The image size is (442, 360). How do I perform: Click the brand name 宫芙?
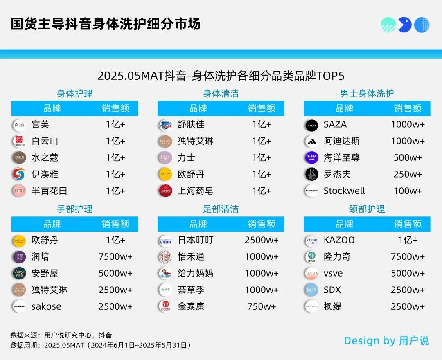pyautogui.click(x=40, y=124)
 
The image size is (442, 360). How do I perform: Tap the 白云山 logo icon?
pyautogui.click(x=19, y=142)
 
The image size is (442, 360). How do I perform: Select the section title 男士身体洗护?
pyautogui.click(x=367, y=93)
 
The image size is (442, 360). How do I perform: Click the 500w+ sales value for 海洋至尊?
pyautogui.click(x=408, y=158)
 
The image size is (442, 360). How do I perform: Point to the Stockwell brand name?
pyautogui.click(x=344, y=191)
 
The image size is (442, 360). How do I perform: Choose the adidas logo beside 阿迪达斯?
pyautogui.click(x=311, y=142)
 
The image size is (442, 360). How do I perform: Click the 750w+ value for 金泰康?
pyautogui.click(x=262, y=306)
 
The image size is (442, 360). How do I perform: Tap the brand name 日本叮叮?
pyautogui.click(x=195, y=240)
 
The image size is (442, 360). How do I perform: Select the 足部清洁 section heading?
pyautogui.click(x=221, y=209)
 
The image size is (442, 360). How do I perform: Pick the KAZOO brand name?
pyautogui.click(x=339, y=240)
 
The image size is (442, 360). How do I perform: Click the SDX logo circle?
pyautogui.click(x=311, y=290)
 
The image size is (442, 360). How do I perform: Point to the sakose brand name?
pyautogui.click(x=46, y=306)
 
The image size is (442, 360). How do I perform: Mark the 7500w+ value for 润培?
pyautogui.click(x=115, y=257)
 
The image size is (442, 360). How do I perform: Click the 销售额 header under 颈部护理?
pyautogui.click(x=408, y=224)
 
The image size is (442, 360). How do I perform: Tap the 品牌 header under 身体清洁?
pyautogui.click(x=198, y=108)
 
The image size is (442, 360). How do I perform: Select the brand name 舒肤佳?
pyautogui.click(x=191, y=124)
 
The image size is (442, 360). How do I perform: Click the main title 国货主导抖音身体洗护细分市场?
pyautogui.click(x=106, y=24)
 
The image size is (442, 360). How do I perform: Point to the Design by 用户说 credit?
pyautogui.click(x=386, y=341)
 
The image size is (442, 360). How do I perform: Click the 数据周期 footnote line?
pyautogui.click(x=101, y=345)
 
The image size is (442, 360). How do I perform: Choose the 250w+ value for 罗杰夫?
pyautogui.click(x=408, y=175)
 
